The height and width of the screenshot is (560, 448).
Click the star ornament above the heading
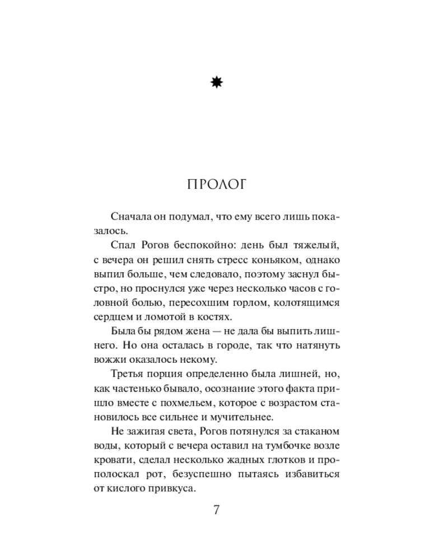pos(217,83)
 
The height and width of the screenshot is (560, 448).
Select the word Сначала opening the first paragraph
pos(131,216)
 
